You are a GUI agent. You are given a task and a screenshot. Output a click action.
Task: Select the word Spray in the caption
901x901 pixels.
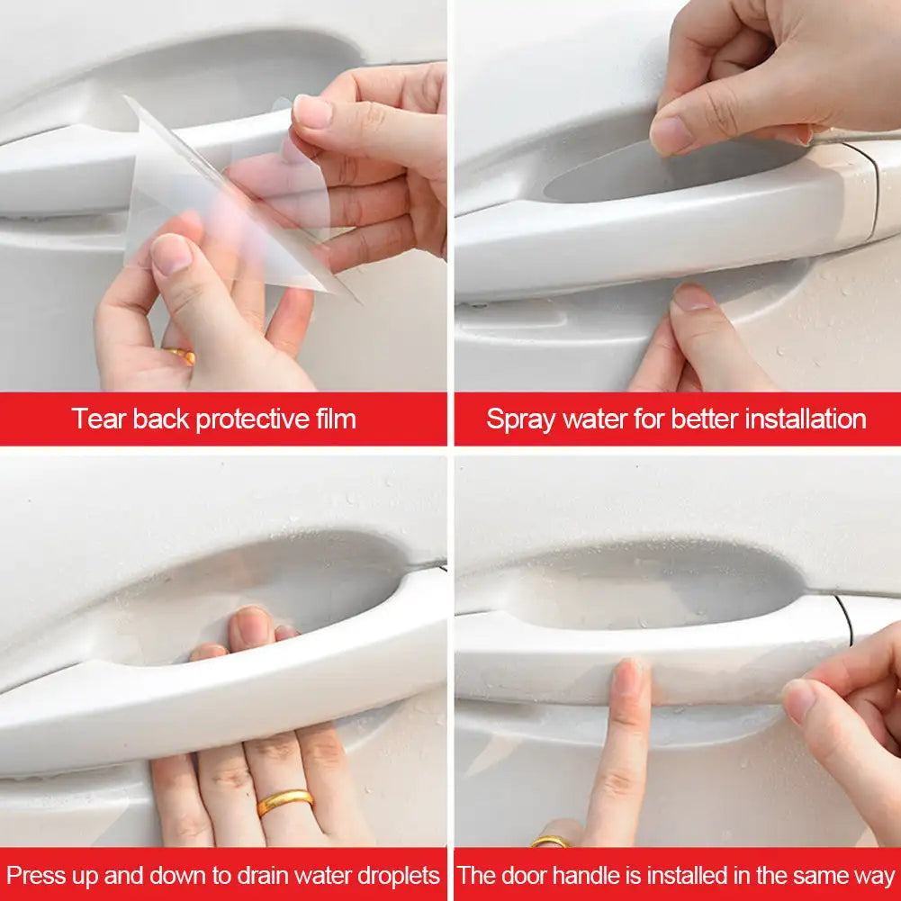(x=520, y=419)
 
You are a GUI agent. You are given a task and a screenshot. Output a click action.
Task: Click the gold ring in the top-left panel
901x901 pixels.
(x=181, y=356)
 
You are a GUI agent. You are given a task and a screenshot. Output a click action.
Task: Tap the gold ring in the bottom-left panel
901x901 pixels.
(x=285, y=800)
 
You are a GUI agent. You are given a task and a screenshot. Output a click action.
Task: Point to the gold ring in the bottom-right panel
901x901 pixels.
(x=549, y=842)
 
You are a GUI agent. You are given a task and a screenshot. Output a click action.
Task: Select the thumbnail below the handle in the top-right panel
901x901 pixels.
(x=691, y=297)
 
